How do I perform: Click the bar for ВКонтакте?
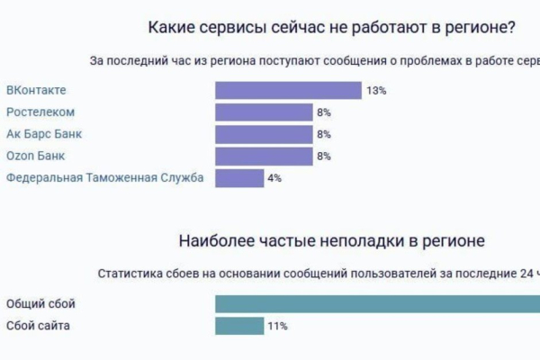[288, 91]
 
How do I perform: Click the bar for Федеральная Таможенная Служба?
[238, 178]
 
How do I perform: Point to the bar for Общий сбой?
[378, 304]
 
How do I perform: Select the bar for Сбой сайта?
[239, 326]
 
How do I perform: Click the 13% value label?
[376, 91]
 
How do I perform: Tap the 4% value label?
[274, 178]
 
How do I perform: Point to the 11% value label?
[277, 326]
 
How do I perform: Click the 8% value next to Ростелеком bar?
[324, 112]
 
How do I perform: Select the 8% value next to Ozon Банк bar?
[324, 156]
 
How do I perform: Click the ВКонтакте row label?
[36, 91]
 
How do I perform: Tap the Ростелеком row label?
[40, 112]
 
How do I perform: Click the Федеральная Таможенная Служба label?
[105, 178]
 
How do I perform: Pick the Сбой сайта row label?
[37, 326]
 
